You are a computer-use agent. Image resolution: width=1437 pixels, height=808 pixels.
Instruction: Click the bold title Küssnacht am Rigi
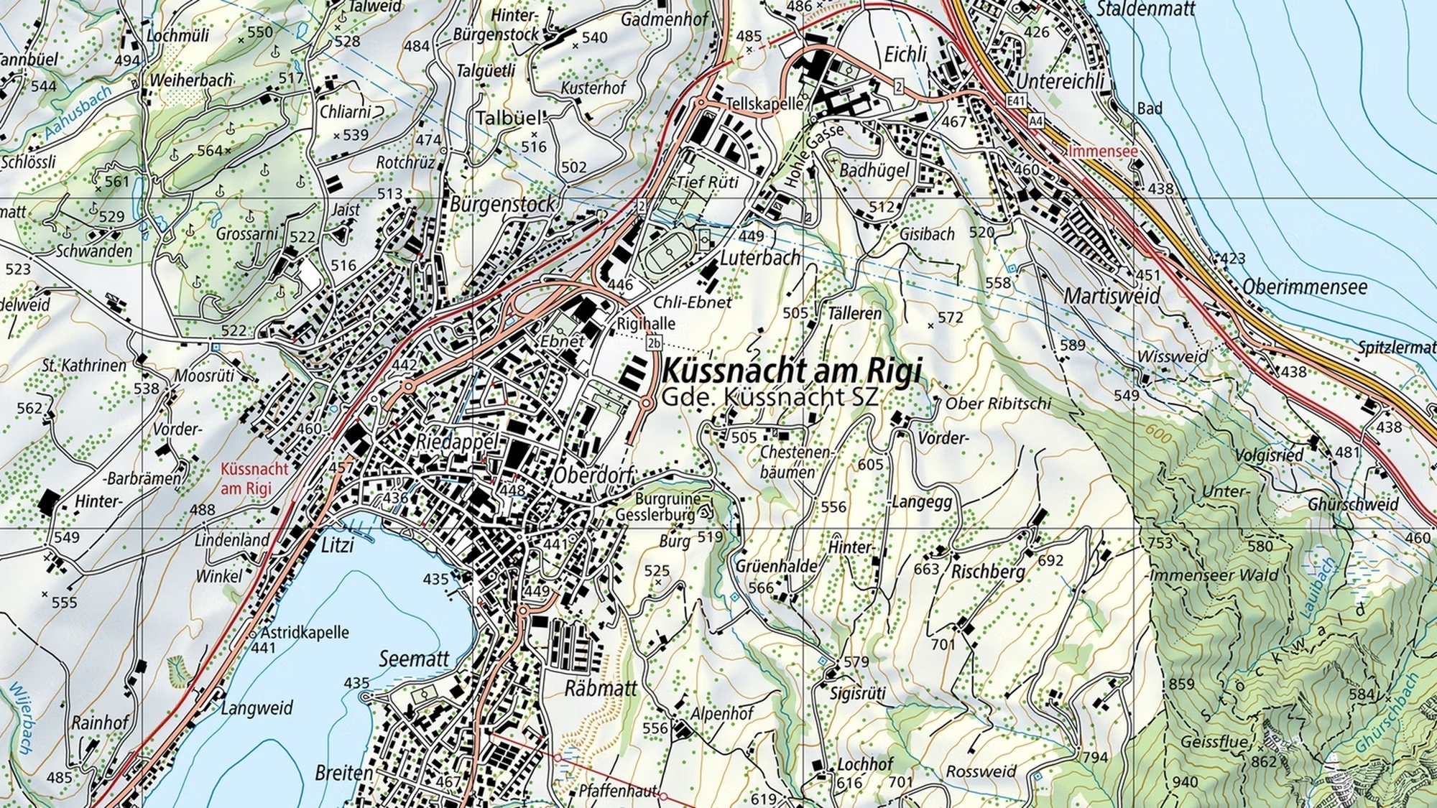click(x=790, y=371)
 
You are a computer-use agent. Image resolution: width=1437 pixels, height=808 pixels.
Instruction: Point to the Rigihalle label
click(x=646, y=323)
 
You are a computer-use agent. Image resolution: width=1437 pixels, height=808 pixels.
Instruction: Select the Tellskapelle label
click(x=764, y=103)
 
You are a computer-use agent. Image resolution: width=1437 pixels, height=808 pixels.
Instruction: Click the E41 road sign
click(x=1016, y=102)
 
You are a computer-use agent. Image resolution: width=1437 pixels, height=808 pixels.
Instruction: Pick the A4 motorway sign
click(x=1035, y=120)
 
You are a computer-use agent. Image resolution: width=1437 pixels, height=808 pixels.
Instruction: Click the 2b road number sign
click(x=653, y=343)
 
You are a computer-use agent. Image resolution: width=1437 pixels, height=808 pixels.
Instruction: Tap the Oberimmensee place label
click(x=1305, y=287)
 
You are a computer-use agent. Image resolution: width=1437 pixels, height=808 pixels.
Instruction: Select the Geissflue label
click(x=1214, y=742)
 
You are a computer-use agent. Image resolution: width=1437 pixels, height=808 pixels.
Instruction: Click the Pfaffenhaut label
click(x=618, y=791)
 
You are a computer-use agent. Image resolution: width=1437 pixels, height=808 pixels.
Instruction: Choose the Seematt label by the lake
click(x=414, y=659)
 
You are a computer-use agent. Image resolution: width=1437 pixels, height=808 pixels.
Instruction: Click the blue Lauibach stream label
click(x=1318, y=588)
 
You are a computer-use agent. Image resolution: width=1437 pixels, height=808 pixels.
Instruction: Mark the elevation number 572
click(x=950, y=317)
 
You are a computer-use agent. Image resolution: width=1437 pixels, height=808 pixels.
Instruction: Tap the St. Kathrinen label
click(x=84, y=365)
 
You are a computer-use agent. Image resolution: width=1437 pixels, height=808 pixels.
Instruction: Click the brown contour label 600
click(x=1159, y=434)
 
